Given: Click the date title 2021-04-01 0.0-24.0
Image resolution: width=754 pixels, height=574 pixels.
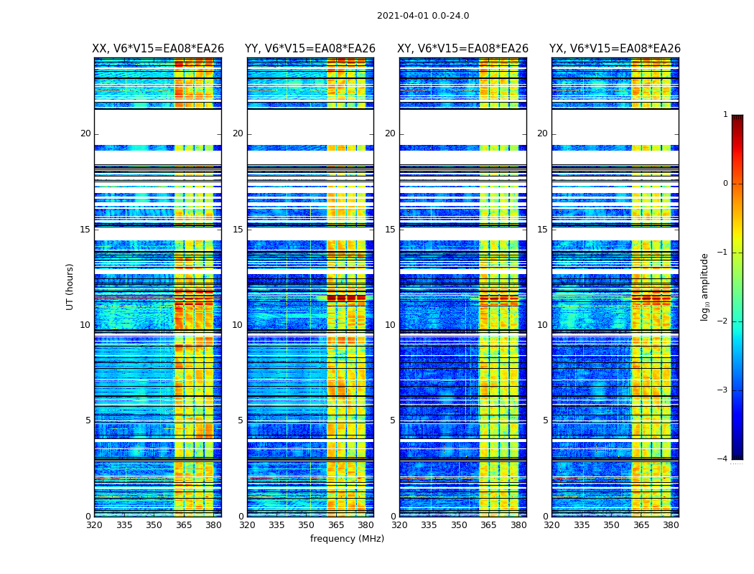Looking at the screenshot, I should pyautogui.click(x=423, y=16).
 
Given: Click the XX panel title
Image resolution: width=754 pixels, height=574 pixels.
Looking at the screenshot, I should pyautogui.click(x=158, y=49).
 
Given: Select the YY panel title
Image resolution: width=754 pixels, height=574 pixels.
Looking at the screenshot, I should pyautogui.click(x=310, y=49).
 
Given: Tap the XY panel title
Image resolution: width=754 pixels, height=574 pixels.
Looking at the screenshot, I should pyautogui.click(x=463, y=49).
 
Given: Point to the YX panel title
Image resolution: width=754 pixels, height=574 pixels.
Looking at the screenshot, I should pyautogui.click(x=615, y=49).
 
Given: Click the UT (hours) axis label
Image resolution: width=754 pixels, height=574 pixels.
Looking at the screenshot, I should pyautogui.click(x=70, y=286).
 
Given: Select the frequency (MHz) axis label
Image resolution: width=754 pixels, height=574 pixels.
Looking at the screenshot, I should pyautogui.click(x=347, y=539).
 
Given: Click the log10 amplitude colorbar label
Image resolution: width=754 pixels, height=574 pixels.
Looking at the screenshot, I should pyautogui.click(x=705, y=286).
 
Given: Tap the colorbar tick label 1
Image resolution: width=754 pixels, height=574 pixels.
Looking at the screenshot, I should pyautogui.click(x=725, y=115).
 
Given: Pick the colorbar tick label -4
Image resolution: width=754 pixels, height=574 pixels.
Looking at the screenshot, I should pyautogui.click(x=723, y=459).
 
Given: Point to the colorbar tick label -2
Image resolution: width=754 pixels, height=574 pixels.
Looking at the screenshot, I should pyautogui.click(x=723, y=321).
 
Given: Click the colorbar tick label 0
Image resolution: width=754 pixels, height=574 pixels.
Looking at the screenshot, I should pyautogui.click(x=725, y=184).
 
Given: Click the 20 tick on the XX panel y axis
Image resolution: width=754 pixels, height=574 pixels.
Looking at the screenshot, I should pyautogui.click(x=85, y=133).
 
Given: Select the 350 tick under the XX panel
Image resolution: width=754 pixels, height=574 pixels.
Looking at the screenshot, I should pyautogui.click(x=154, y=525).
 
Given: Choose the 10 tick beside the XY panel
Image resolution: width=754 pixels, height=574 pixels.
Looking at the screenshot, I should pyautogui.click(x=390, y=325).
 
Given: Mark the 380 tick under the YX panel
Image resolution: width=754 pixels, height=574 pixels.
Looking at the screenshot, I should pyautogui.click(x=671, y=525).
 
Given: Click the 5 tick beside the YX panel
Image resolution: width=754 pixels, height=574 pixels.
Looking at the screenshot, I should pyautogui.click(x=545, y=420).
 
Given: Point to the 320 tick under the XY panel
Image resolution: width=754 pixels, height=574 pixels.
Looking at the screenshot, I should pyautogui.click(x=400, y=525).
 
